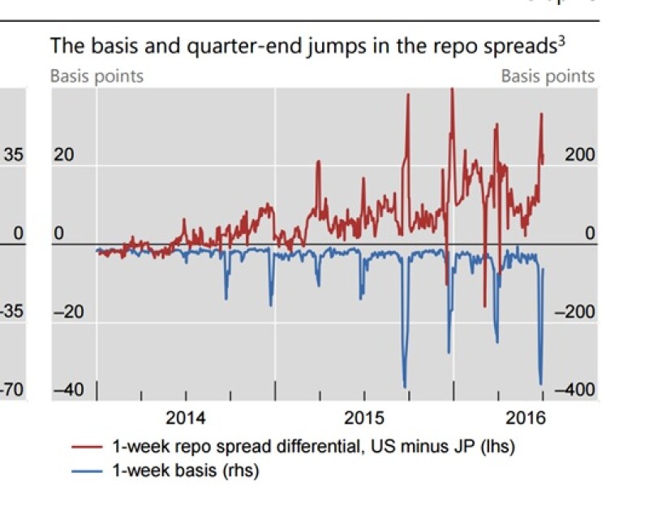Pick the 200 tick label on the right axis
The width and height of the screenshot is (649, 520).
point(580,155)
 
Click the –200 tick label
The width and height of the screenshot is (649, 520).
point(577,312)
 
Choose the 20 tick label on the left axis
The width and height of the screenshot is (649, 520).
point(63,155)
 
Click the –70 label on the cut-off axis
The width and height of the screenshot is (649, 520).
point(11,391)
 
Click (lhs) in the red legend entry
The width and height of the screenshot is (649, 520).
point(498,448)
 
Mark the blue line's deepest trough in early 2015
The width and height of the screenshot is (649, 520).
point(405,387)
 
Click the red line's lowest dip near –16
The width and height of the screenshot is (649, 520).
point(485,306)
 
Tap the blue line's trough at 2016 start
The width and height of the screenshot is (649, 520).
point(540,383)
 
